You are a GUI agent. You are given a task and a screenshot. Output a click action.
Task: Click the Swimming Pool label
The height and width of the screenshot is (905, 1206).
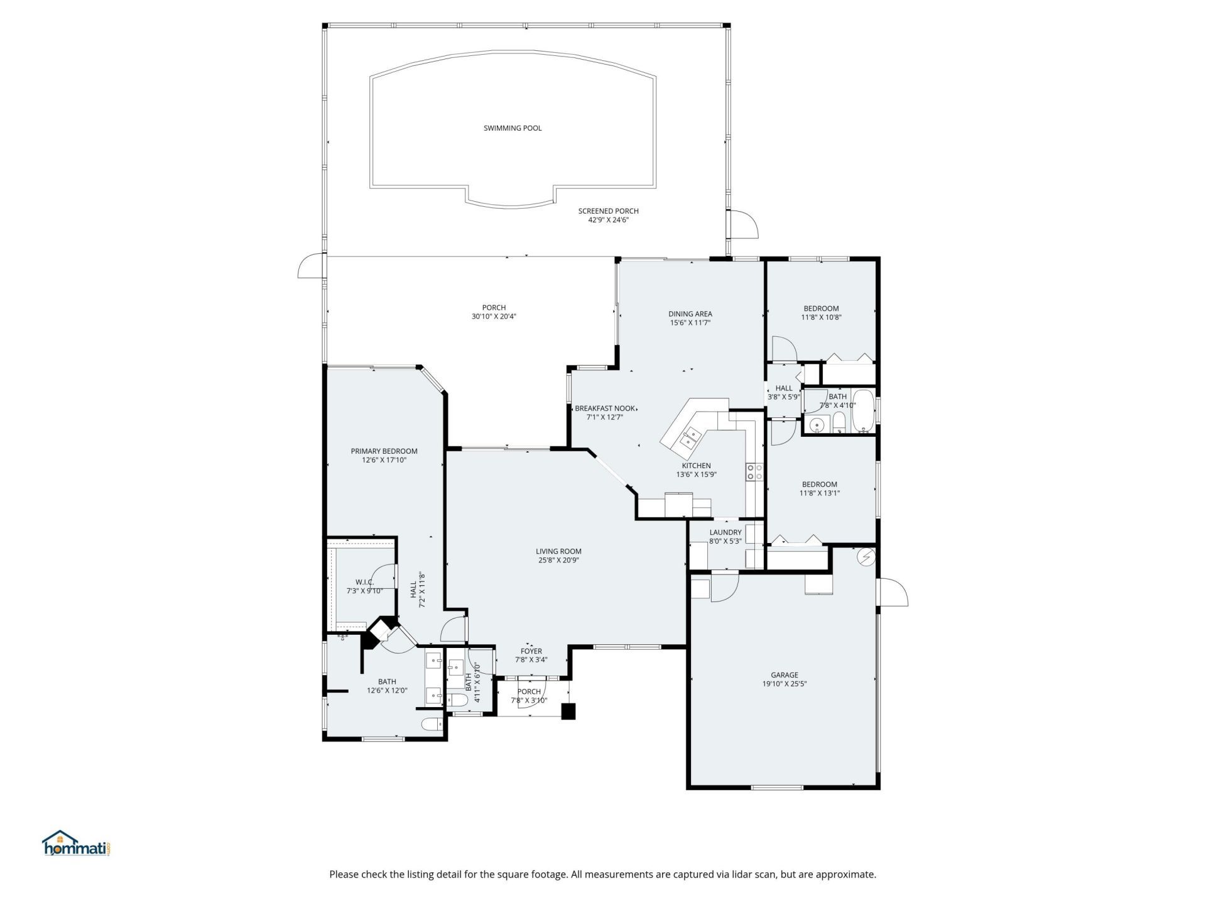pos(512,128)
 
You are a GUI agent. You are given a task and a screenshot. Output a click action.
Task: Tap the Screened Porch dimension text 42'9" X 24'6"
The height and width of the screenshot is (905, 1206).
pos(608,220)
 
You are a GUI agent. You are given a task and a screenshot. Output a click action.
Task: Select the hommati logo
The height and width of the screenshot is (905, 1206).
pos(76,844)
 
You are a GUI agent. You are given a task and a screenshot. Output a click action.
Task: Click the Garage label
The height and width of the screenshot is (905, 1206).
pos(785,675)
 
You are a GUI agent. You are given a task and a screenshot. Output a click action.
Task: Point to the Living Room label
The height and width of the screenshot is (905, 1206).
pos(558,551)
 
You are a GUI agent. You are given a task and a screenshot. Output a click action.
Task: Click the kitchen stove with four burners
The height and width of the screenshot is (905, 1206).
pos(754,472)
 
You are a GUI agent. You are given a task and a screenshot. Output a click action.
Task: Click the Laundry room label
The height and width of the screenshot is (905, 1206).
pos(725,532)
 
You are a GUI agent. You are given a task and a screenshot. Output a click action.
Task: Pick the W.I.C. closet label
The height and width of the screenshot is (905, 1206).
pos(364,583)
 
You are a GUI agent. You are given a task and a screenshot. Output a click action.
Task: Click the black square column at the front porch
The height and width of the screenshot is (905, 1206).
pos(568,711)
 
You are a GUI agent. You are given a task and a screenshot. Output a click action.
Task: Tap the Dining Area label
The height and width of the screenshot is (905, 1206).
pos(690,314)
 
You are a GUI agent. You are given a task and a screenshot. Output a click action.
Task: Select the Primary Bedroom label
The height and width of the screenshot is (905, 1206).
pos(384,451)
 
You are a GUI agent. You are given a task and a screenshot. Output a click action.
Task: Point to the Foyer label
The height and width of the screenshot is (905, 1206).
pos(531,651)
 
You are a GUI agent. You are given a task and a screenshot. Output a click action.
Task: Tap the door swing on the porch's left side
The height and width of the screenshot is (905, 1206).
pos(310,266)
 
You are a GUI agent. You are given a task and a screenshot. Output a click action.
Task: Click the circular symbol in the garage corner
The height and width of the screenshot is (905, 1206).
pos(866,557)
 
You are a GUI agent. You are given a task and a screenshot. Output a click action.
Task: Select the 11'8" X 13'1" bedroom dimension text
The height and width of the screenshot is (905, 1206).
pos(819,493)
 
